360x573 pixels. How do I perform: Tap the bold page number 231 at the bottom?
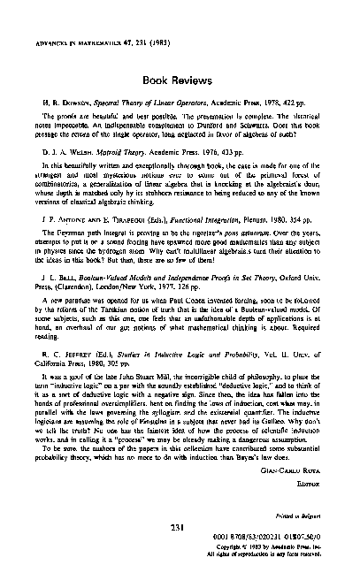click(x=178, y=529)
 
